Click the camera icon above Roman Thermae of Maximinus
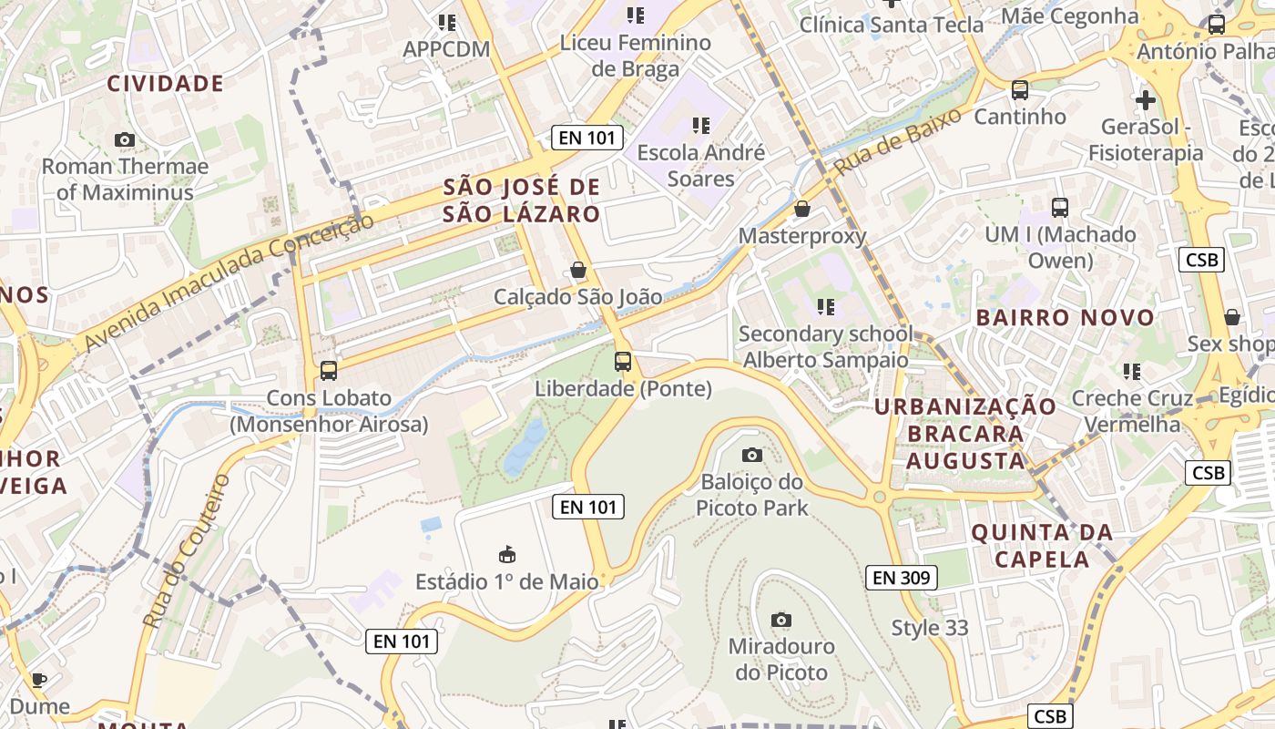125,139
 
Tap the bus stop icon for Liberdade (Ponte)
623,362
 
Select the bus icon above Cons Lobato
329,371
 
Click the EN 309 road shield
901,577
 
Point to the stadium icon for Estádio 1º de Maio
507,554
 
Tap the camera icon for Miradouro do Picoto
780,620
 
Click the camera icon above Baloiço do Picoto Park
752,455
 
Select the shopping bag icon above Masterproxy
802,209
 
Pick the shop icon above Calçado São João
577,270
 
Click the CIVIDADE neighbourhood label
166,84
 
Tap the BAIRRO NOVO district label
1066,318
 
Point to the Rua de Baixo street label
897,142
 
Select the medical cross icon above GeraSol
1146,99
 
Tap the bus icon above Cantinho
1020,90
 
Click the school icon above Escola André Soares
700,125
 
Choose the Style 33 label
930,628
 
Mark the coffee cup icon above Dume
39,680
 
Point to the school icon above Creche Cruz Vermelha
1132,371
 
